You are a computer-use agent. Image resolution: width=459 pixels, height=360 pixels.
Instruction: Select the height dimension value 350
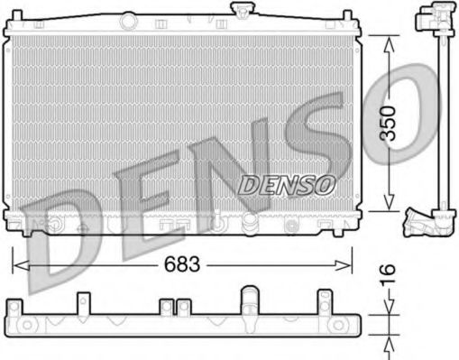387,122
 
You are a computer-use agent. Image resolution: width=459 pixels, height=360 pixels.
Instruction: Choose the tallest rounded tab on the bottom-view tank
247,296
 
